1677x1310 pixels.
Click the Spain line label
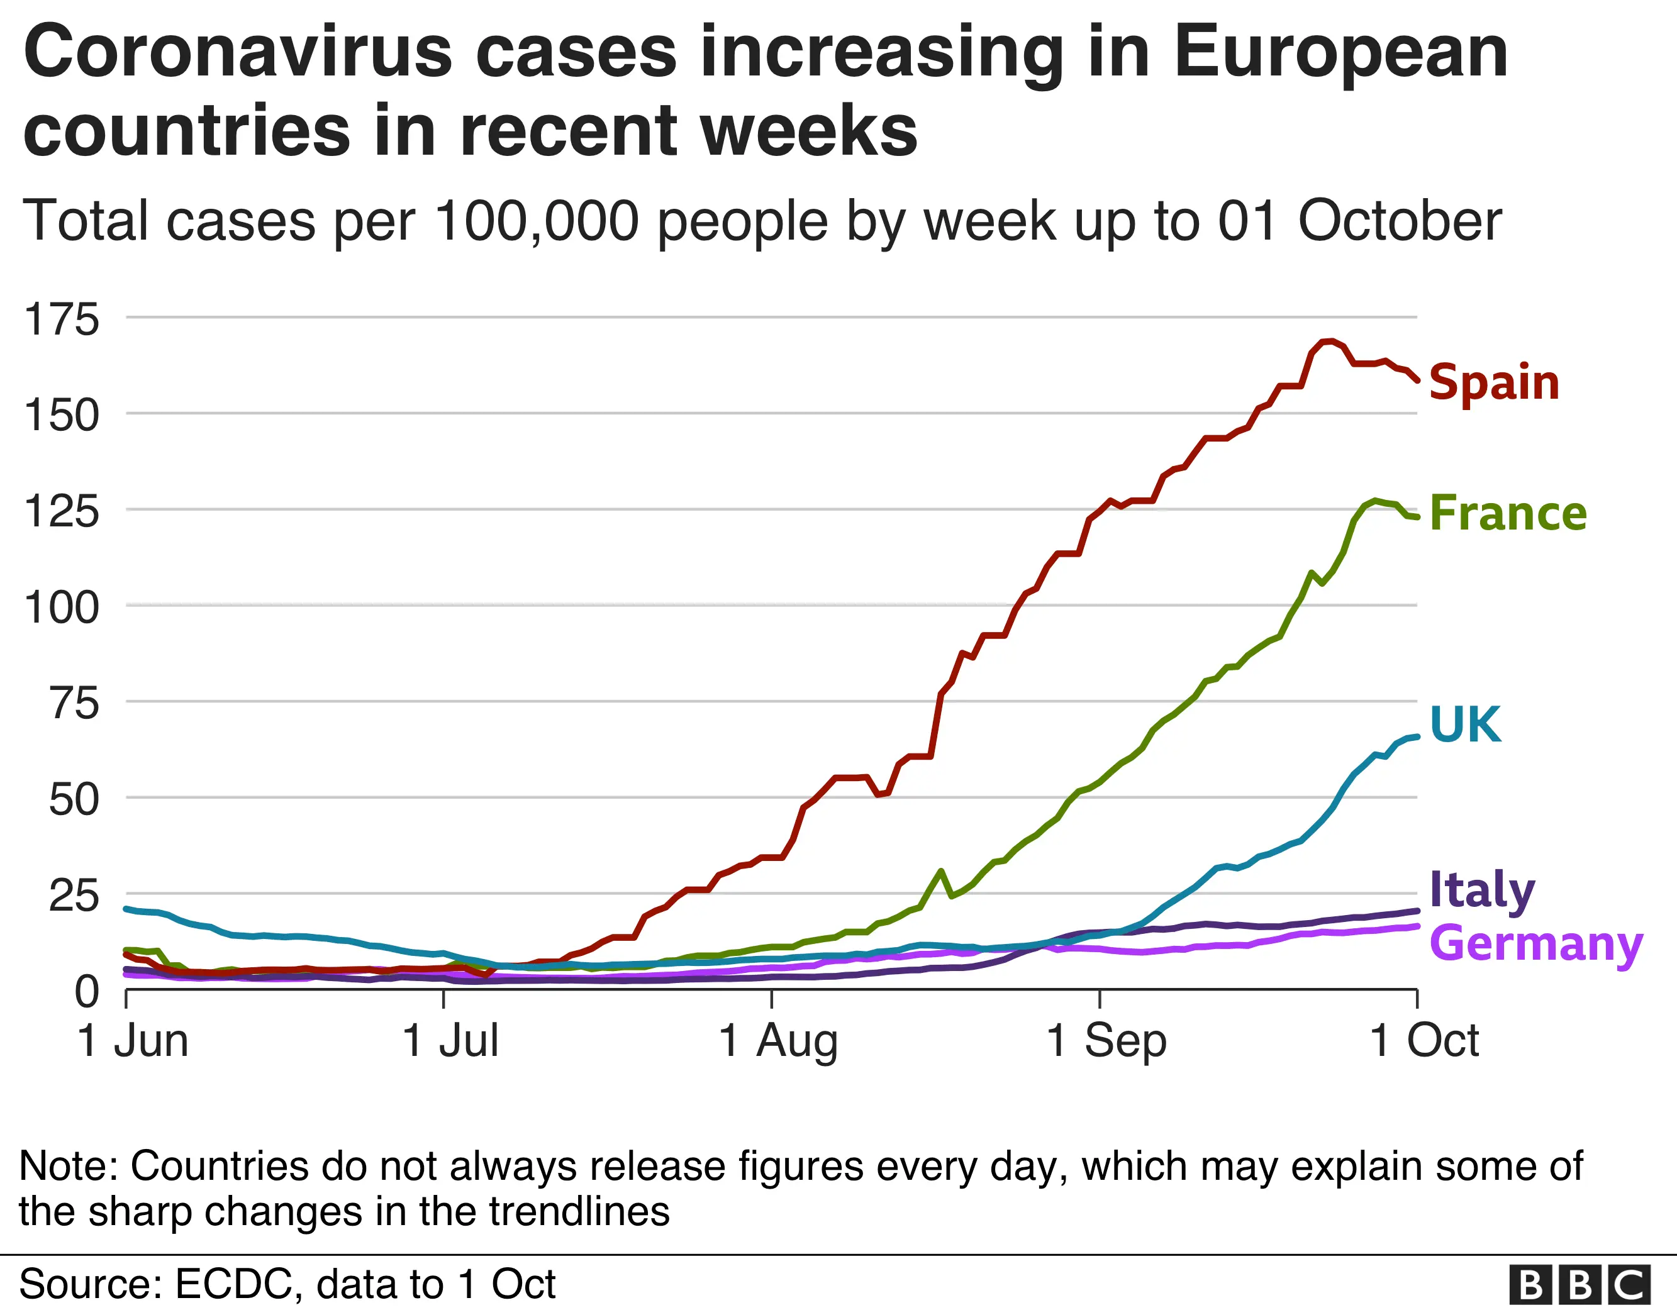1493,382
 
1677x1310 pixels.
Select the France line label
1507,513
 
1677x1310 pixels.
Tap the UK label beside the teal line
1464,724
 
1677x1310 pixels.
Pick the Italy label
1481,890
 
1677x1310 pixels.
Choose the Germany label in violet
1535,944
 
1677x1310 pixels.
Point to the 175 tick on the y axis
62,319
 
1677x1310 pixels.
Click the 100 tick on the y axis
62,608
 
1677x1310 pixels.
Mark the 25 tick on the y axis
74,896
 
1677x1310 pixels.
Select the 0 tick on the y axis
87,991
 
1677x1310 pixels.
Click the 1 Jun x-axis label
133,1041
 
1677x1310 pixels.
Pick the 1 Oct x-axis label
1423,1041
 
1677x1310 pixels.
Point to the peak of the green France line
1375,501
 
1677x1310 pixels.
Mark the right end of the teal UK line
1416,736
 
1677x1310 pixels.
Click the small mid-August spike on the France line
940,871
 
